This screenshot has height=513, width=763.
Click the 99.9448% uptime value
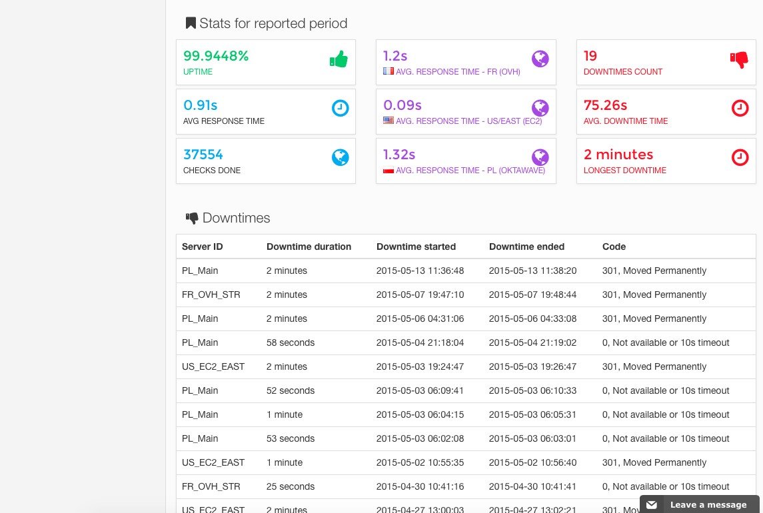pyautogui.click(x=215, y=56)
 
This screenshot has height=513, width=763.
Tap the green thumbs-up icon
pyautogui.click(x=339, y=59)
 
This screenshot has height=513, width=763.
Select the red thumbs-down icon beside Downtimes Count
pyautogui.click(x=739, y=59)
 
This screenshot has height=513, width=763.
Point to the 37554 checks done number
pyautogui.click(x=203, y=155)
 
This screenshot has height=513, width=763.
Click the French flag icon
pyautogui.click(x=388, y=71)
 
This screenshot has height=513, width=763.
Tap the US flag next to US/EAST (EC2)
pyautogui.click(x=388, y=120)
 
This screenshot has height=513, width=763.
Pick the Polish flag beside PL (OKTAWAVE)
pyautogui.click(x=388, y=170)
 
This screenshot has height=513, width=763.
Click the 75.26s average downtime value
pyautogui.click(x=605, y=105)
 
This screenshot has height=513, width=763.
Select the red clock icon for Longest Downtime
pyautogui.click(x=740, y=157)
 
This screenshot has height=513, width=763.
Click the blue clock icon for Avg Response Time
pyautogui.click(x=340, y=108)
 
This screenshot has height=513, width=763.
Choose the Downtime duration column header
pyautogui.click(x=309, y=247)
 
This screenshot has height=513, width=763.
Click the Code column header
pyautogui.click(x=614, y=247)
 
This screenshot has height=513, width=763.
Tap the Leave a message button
pyautogui.click(x=700, y=504)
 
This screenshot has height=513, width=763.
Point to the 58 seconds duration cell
pyautogui.click(x=291, y=342)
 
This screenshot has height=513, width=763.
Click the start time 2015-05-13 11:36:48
pyautogui.click(x=420, y=270)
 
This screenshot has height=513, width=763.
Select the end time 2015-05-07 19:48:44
pyautogui.click(x=532, y=294)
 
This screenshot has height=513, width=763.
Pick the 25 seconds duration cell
pyautogui.click(x=291, y=486)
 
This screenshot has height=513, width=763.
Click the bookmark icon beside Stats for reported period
pyautogui.click(x=191, y=23)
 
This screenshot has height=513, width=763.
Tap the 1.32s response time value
pyautogui.click(x=399, y=155)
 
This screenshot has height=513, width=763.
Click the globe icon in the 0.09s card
pyautogui.click(x=540, y=108)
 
